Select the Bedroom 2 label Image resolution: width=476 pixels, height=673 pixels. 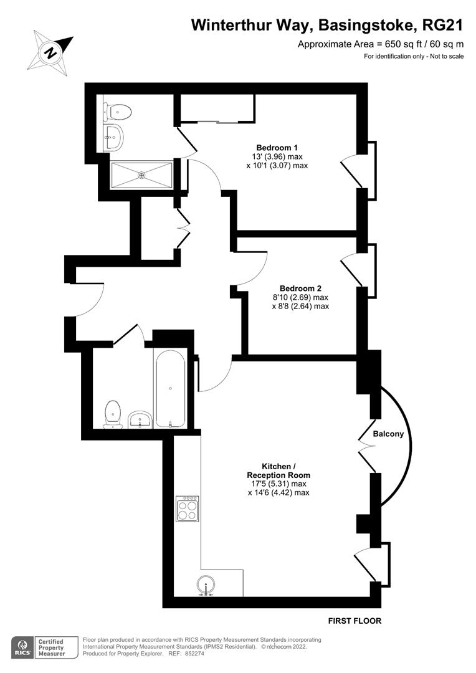tap(300, 288)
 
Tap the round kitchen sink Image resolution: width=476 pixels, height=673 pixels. tap(206, 586)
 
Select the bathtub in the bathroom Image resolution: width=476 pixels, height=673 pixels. tap(170, 389)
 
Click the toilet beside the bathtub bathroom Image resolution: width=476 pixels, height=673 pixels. tap(113, 414)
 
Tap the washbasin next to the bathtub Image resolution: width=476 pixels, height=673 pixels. tap(140, 420)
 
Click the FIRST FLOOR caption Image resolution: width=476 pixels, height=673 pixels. tap(355, 621)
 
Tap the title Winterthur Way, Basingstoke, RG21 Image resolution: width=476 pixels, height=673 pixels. tap(327, 25)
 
